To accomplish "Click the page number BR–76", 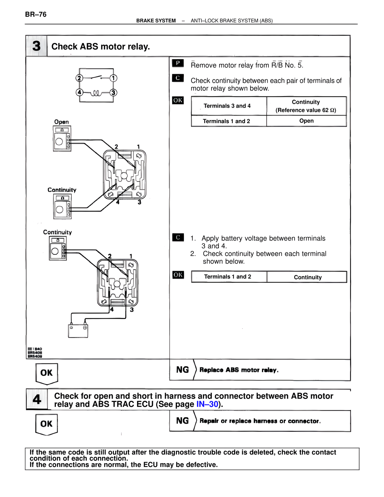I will tap(36, 14).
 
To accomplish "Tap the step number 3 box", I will tap(36, 46).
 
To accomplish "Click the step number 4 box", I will tap(37, 399).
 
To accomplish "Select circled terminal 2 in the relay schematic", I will tap(79, 78).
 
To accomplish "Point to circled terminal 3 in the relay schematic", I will tap(113, 92).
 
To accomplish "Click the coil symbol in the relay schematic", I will tap(96, 93).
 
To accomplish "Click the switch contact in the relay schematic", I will tap(96, 77).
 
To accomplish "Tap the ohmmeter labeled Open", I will tap(62, 138).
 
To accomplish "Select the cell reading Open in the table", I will tap(306, 121).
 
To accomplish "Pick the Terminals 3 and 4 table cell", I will tap(227, 106).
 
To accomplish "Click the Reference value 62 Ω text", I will tap(306, 110).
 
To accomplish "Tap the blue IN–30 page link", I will tap(207, 404).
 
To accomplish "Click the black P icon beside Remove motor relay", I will tap(178, 63).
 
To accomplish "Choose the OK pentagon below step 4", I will tap(46, 424).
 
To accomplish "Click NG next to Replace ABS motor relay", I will tap(182, 370).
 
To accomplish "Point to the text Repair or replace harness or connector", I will tap(260, 421).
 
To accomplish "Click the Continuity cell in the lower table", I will tap(307, 277).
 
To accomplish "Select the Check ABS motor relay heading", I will tap(100, 47).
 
